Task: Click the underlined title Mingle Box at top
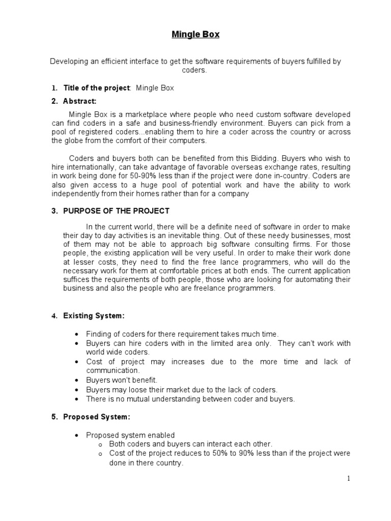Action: click(x=195, y=35)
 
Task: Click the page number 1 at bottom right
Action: click(x=349, y=478)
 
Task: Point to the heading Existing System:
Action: click(x=94, y=316)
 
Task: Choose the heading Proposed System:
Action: click(x=96, y=417)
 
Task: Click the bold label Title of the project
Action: click(x=97, y=88)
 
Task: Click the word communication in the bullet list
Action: click(x=111, y=371)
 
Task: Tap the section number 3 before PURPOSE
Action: click(x=54, y=211)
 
